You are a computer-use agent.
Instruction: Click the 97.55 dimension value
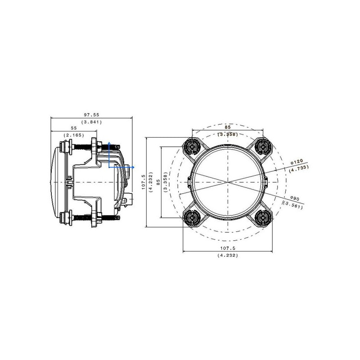[x=91, y=115]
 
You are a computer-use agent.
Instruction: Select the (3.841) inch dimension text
[x=91, y=122]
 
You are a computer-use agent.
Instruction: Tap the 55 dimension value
[x=74, y=128]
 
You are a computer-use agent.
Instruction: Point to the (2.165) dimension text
[x=74, y=135]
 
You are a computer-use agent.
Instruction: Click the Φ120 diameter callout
[x=297, y=162]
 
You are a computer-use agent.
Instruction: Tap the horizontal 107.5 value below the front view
[x=228, y=248]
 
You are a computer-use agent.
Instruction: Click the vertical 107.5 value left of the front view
[x=144, y=182]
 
